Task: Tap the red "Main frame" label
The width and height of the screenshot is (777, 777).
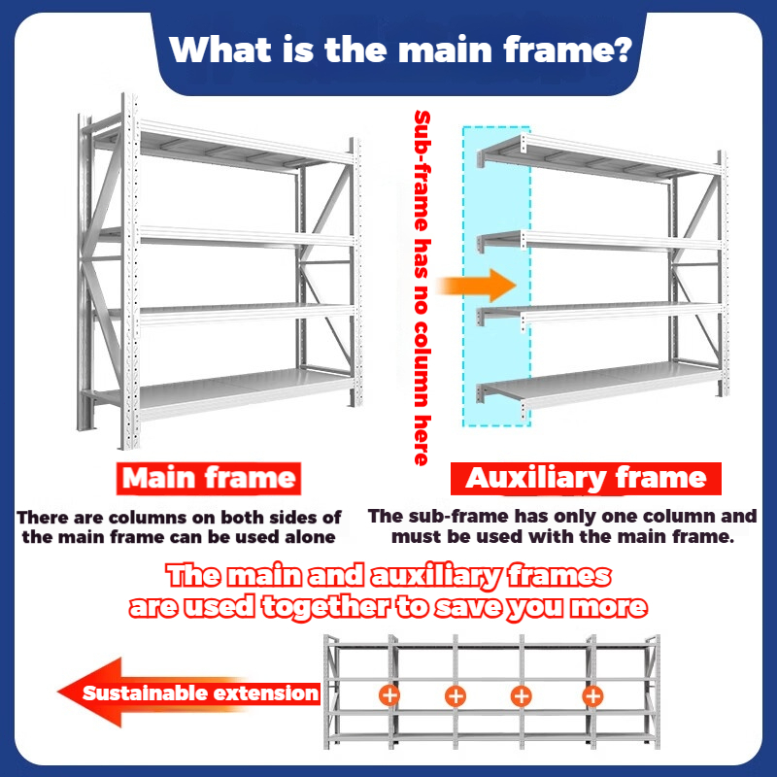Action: [x=208, y=477]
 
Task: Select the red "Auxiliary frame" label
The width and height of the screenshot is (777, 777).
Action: [x=586, y=478]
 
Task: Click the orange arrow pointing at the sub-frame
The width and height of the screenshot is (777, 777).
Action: [x=476, y=286]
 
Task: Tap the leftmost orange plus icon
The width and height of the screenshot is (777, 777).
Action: [x=389, y=694]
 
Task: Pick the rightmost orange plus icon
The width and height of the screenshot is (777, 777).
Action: [x=592, y=694]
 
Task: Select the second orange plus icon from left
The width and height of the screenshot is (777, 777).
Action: [x=455, y=694]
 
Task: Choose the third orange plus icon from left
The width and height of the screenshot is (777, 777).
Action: [x=521, y=694]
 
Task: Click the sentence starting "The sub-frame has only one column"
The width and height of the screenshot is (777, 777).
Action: [x=561, y=525]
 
